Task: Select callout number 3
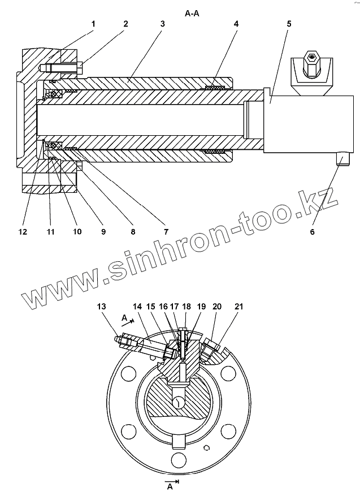[162, 24]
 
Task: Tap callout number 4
[236, 24]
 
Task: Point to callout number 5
[289, 24]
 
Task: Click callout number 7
[166, 231]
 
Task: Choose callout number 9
[103, 231]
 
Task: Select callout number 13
[101, 306]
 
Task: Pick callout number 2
[125, 24]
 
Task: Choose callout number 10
[77, 231]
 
